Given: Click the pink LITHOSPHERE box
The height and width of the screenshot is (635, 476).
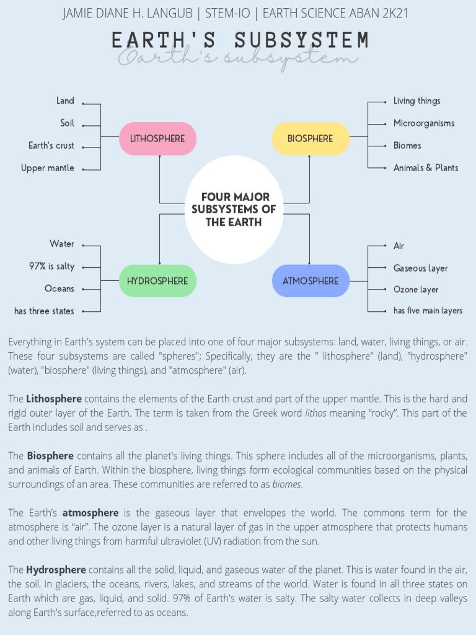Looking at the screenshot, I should tap(157, 138).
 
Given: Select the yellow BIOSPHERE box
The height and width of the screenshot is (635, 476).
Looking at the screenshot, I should tap(310, 138).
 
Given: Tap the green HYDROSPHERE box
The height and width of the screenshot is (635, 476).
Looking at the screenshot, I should tap(157, 281).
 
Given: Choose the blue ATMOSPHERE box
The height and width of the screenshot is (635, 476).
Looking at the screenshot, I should tap(311, 281).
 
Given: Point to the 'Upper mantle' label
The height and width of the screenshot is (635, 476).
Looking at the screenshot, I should tap(47, 168).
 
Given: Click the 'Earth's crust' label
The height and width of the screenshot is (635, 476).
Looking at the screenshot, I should tap(51, 146).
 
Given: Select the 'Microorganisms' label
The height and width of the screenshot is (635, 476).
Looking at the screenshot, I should tap(424, 123).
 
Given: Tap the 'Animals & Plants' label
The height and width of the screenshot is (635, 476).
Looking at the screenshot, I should tap(426, 168).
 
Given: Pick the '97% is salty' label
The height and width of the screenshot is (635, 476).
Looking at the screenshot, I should tap(51, 267).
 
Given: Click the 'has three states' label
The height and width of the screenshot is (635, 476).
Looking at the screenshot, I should tap(44, 311).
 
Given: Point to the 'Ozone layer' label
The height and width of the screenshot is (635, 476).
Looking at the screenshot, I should tap(416, 290).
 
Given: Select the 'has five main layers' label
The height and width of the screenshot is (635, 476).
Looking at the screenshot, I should tap(428, 311).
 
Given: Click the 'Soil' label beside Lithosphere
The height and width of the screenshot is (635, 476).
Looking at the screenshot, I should tap(67, 123).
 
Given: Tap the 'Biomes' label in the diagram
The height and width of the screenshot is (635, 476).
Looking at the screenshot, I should tap(407, 146).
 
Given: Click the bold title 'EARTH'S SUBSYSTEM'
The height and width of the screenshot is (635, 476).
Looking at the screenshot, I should tap(240, 41).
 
